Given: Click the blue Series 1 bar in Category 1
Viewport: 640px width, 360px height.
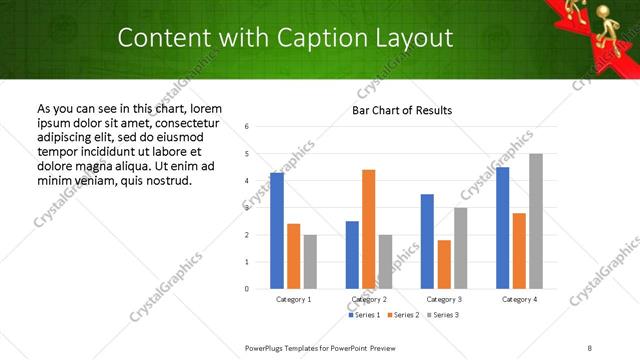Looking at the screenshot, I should tap(277, 231).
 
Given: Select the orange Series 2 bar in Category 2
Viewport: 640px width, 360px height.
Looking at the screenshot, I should tap(369, 229).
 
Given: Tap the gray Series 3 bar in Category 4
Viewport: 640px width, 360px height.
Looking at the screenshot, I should tap(536, 221).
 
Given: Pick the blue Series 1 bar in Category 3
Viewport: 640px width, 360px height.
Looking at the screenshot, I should tap(427, 241).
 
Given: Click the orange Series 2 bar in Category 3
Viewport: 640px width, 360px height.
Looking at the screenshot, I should tap(444, 264).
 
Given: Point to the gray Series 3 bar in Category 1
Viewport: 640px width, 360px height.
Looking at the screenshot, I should tap(310, 262).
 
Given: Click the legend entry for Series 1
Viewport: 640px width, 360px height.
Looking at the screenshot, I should tap(364, 315).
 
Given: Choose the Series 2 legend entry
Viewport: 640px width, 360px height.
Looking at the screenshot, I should tap(403, 315).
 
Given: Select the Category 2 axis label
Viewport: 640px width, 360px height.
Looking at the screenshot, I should tap(369, 300).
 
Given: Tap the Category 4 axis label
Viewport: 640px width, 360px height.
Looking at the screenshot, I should tap(519, 300).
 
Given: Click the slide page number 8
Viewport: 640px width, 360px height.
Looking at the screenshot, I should tap(590, 347).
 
